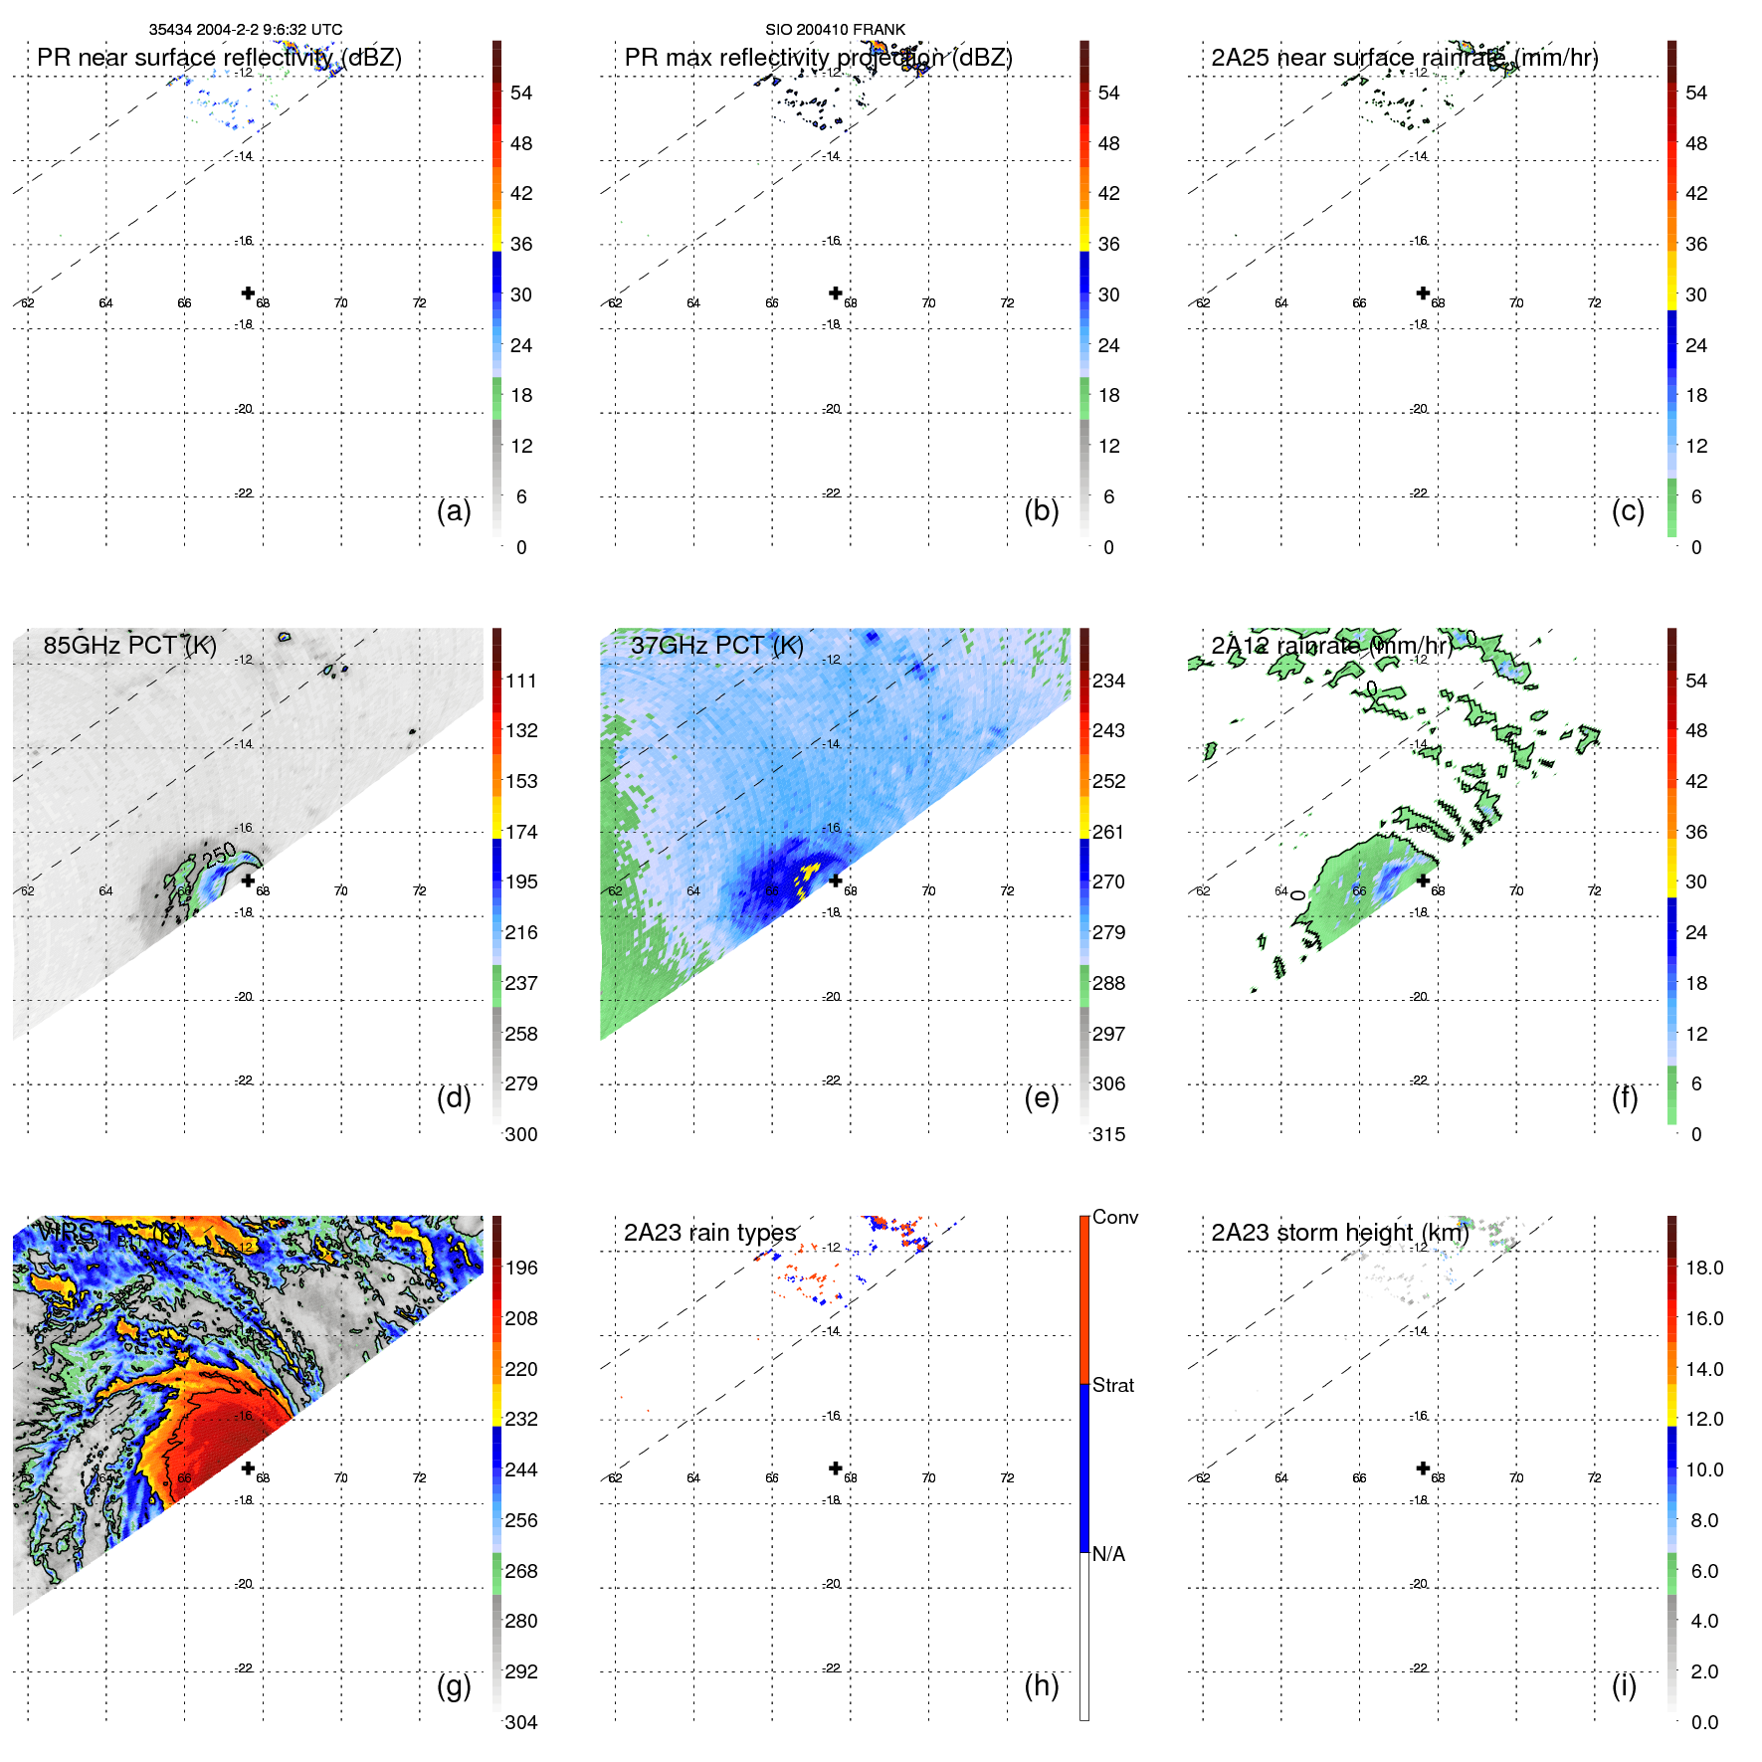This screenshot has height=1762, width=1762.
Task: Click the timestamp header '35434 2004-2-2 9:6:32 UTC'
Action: [x=246, y=30]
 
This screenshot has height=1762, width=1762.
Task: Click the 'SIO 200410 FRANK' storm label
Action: [x=835, y=30]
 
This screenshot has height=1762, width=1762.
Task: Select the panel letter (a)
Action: [x=454, y=510]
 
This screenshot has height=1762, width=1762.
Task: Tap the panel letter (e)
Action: [x=1041, y=1097]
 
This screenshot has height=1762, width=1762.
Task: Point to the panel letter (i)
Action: [x=1624, y=1685]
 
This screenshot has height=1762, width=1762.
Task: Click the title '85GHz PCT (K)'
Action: [x=129, y=645]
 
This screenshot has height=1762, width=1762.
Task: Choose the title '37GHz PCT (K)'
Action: [x=716, y=645]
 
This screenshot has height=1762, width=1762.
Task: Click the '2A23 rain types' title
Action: [x=709, y=1233]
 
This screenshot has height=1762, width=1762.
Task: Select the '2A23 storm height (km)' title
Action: [x=1339, y=1233]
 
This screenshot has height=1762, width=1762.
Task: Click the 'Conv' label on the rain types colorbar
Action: [x=1114, y=1217]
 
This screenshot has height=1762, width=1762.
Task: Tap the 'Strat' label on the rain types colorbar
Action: [x=1112, y=1385]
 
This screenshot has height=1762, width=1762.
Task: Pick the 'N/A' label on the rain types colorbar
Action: [x=1108, y=1554]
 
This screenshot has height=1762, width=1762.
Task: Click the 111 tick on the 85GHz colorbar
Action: [x=520, y=681]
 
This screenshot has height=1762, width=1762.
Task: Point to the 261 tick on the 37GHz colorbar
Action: [x=1108, y=832]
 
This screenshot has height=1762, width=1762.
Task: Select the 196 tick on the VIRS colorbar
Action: [x=520, y=1268]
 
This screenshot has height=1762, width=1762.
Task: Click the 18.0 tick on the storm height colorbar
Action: [x=1703, y=1268]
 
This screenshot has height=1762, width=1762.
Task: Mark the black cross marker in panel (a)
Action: [x=248, y=293]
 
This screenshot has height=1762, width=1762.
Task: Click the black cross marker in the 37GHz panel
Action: [x=836, y=881]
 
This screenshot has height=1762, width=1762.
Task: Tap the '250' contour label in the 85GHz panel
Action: [x=220, y=853]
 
